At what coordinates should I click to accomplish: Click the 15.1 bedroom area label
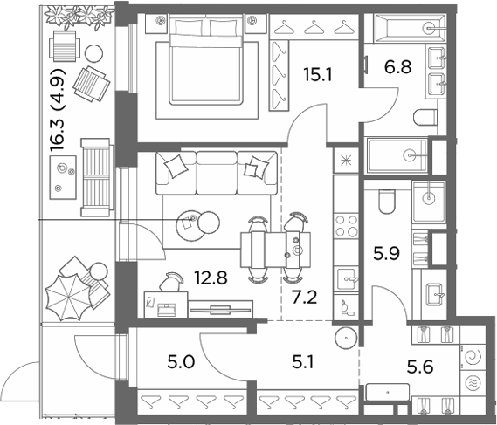[x=318, y=75]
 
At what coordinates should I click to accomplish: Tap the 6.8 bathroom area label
[x=397, y=67]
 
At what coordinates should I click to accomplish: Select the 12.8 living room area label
[x=211, y=278]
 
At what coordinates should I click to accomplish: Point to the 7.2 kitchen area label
[x=304, y=298]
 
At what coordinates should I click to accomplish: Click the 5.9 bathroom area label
[x=386, y=253]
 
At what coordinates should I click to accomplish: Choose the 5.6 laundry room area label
[x=420, y=367]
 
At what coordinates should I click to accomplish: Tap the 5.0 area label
[x=181, y=362]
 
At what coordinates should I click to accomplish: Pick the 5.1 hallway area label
[x=303, y=362]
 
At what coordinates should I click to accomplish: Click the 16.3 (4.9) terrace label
[x=58, y=110]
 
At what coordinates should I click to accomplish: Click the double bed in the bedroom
[x=206, y=59]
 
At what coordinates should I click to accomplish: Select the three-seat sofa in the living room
[x=217, y=173]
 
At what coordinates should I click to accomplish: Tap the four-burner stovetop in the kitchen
[x=346, y=226]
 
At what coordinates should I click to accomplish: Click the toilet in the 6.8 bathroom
[x=425, y=118]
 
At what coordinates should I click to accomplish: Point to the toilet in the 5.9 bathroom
[x=387, y=202]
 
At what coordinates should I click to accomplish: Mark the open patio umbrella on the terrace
[x=68, y=297]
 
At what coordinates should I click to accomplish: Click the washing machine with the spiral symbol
[x=473, y=358]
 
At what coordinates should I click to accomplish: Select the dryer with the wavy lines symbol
[x=473, y=383]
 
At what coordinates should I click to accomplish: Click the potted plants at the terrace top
[x=79, y=17]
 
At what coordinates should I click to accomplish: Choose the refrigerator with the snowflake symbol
[x=346, y=161]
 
